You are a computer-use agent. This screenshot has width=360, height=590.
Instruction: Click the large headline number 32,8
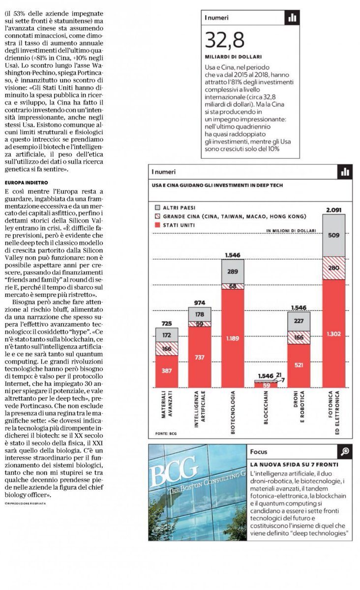pyautogui.click(x=225, y=40)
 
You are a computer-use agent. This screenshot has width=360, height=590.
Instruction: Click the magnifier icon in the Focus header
pyautogui.click(x=345, y=451)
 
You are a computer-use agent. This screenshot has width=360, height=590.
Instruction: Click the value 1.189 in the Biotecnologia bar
pyautogui.click(x=233, y=339)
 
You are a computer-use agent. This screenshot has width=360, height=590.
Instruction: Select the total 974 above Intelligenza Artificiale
pyautogui.click(x=200, y=303)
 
